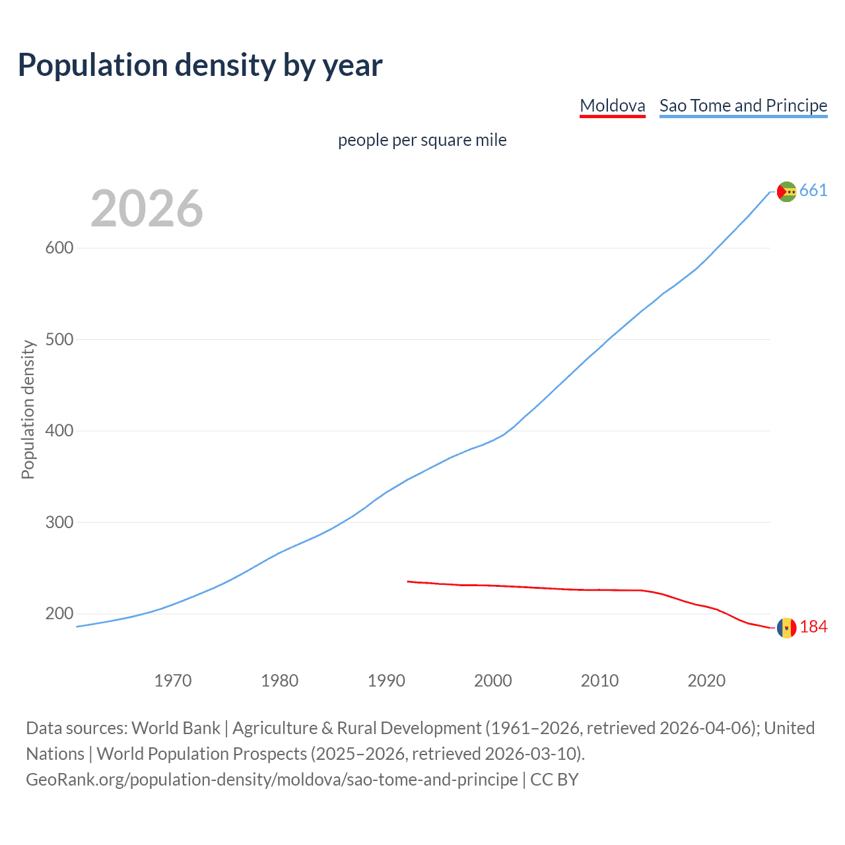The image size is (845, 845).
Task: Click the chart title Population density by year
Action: (200, 65)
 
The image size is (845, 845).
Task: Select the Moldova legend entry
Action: (612, 106)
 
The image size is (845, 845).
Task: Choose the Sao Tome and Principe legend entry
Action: (743, 106)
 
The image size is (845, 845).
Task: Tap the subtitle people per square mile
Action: (422, 140)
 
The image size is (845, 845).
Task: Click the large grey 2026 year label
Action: (147, 209)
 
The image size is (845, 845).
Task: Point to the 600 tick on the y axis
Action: (59, 248)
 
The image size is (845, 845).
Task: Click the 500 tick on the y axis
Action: (59, 339)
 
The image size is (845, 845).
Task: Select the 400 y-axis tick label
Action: (59, 431)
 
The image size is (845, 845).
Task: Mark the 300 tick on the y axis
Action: (59, 522)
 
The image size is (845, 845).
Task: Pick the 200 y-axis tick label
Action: (59, 614)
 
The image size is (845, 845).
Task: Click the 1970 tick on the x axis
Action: (173, 681)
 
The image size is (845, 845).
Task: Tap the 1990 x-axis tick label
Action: (386, 681)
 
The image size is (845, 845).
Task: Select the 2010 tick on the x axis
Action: (599, 681)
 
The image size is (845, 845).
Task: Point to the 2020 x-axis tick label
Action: (706, 681)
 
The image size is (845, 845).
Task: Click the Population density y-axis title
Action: (28, 409)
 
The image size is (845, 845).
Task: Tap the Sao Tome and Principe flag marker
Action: (786, 191)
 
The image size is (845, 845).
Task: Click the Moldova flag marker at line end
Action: (786, 628)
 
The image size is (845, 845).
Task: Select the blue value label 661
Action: (813, 191)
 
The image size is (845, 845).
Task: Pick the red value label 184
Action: (813, 627)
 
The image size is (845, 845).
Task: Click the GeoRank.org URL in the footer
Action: (272, 780)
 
